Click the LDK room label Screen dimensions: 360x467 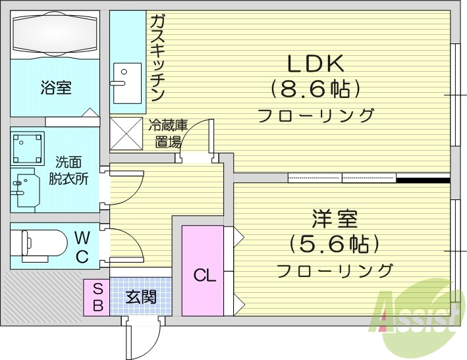tap(314, 64)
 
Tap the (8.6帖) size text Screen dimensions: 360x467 tap(315, 89)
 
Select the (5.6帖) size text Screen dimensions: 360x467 tap(335, 245)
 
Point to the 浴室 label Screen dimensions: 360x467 tap(55, 88)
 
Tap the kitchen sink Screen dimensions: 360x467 tap(126, 83)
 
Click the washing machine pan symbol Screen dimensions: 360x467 tap(28, 148)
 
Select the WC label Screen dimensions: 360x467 tap(82, 246)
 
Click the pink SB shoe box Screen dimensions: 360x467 tap(97, 297)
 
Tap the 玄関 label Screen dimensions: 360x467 tap(141, 297)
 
